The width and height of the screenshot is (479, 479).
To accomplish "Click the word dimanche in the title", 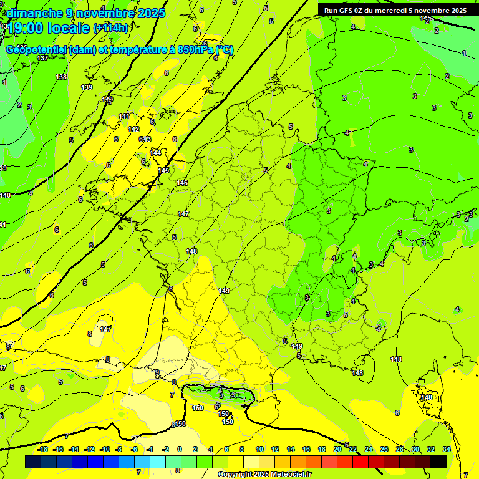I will [x=34, y=13].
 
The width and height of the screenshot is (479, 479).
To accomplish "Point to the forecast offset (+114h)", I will [x=111, y=28].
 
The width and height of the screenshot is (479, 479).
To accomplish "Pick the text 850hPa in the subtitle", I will [x=195, y=50].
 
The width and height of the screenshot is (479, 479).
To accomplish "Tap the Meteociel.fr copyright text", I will [x=264, y=474].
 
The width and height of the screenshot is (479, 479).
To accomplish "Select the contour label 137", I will [x=42, y=58].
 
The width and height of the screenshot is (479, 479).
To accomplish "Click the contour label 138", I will [x=61, y=77].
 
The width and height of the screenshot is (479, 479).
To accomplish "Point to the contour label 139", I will [x=87, y=87].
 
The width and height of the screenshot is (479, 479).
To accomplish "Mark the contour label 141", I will [x=124, y=116].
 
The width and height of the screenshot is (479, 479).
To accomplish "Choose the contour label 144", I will [x=155, y=153].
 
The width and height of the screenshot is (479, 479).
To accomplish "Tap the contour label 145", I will [x=164, y=170].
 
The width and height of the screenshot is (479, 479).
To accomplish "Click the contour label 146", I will [x=182, y=183].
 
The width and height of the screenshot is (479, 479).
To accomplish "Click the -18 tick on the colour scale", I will [x=42, y=449].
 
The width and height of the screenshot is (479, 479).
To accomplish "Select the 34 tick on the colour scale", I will [x=447, y=449].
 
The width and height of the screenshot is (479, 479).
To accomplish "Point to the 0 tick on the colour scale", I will [x=180, y=449].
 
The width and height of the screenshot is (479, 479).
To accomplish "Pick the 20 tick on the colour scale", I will [x=337, y=449].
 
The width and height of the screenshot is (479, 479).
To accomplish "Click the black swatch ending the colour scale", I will [x=438, y=462].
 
